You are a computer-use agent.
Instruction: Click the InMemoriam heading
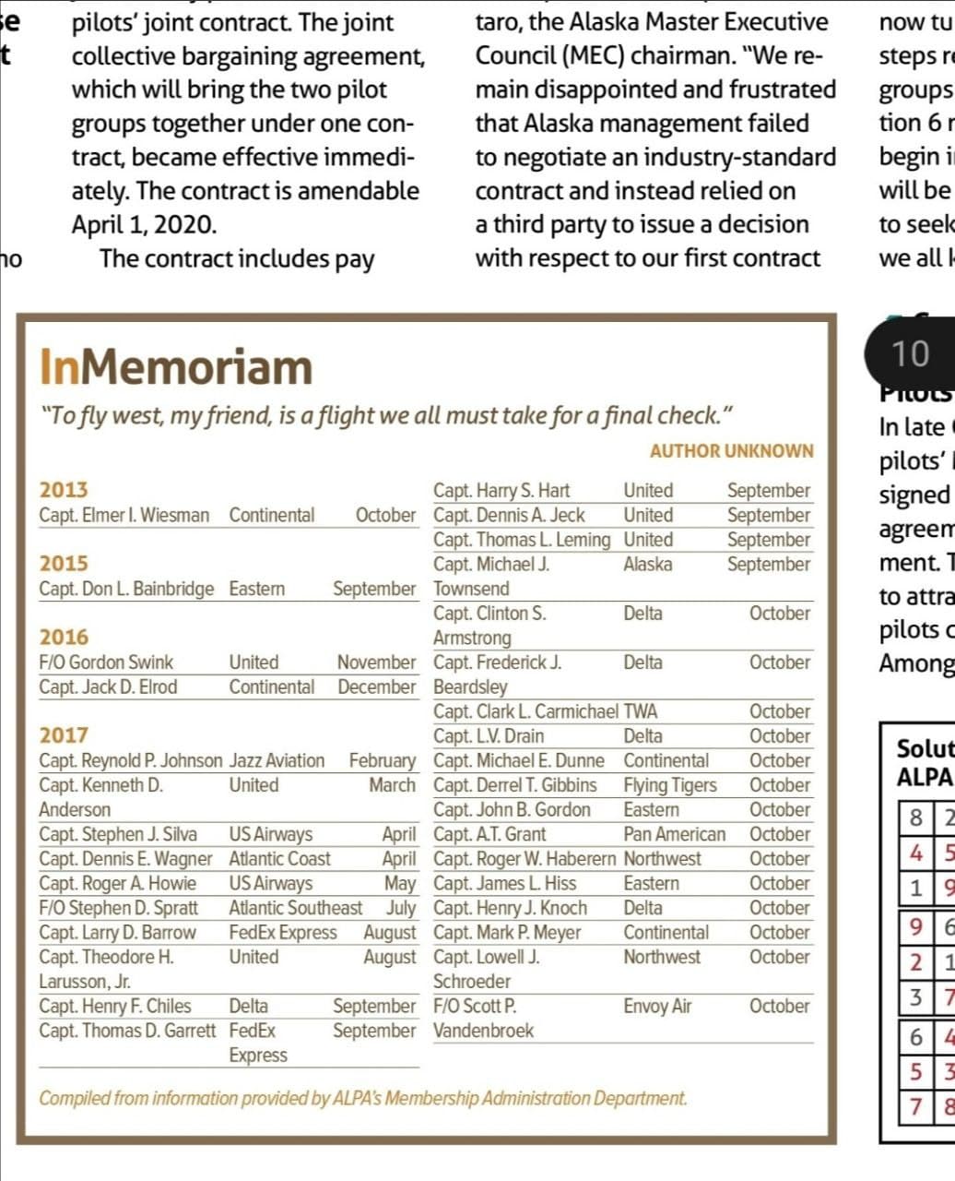(x=176, y=367)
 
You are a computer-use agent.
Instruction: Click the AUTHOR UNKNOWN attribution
(x=731, y=451)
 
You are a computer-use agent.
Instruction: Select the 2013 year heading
(x=64, y=490)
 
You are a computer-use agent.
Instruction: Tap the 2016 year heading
(x=64, y=637)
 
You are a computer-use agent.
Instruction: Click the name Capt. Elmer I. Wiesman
(x=124, y=515)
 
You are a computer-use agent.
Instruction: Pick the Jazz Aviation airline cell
(x=277, y=760)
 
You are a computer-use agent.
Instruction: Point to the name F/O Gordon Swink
(x=106, y=662)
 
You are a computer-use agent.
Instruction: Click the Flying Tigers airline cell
(x=669, y=785)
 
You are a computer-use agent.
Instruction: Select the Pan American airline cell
(x=674, y=834)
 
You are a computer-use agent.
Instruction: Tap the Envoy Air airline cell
(x=657, y=1006)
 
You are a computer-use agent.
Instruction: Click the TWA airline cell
(x=641, y=711)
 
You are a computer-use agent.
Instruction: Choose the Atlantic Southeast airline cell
(x=295, y=908)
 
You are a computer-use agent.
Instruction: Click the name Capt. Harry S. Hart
(x=501, y=490)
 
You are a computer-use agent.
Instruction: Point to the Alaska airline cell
(x=647, y=564)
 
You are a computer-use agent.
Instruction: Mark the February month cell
(x=382, y=760)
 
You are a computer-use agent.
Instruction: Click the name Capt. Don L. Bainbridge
(x=126, y=589)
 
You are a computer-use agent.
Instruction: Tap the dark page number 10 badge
(x=910, y=353)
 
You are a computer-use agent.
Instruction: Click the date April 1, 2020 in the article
(x=145, y=224)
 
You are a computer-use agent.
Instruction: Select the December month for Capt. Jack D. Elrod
(x=376, y=686)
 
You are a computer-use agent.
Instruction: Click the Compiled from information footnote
(x=362, y=1098)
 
